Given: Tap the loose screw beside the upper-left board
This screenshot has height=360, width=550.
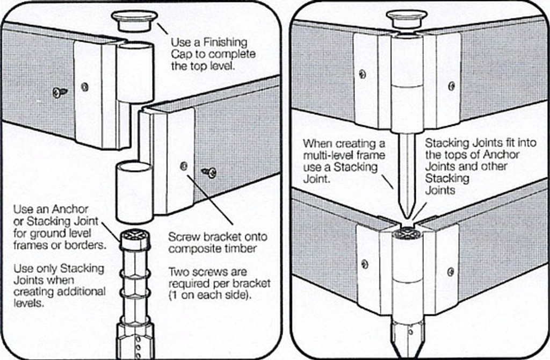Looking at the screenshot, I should [x=60, y=92].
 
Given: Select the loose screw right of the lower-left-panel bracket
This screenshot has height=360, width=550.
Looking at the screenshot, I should [x=209, y=172].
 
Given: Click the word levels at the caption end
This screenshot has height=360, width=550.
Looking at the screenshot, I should [x=27, y=304].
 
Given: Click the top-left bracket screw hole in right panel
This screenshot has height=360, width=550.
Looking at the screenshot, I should [x=363, y=74].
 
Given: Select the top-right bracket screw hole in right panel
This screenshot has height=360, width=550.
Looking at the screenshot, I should [x=451, y=85].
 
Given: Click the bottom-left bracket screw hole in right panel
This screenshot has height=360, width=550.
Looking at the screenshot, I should [x=364, y=264].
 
